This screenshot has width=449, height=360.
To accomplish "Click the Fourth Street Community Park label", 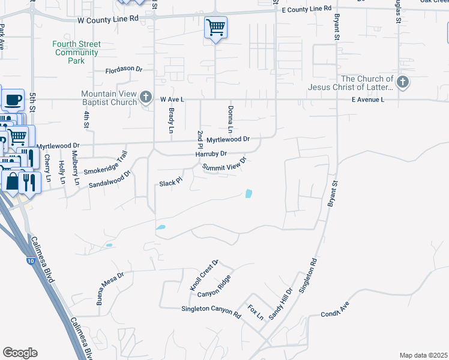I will tap(76, 52).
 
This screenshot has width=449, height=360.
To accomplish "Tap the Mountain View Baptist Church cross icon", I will tap(146, 98).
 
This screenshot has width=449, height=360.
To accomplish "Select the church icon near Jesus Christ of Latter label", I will tap(403, 83).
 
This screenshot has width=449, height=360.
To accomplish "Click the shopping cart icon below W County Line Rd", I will tap(215, 28).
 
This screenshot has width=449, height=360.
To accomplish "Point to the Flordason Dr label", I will tap(124, 70).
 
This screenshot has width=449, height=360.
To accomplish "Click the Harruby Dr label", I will tap(211, 154).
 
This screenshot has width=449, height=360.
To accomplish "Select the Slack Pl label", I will tap(170, 183).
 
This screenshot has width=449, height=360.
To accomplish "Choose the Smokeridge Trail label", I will tap(106, 166).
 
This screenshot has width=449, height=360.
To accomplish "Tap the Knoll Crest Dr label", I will tap(205, 276).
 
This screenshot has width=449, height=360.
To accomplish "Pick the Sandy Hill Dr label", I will tap(280, 303).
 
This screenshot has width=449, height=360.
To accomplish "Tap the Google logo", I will tap(20, 352).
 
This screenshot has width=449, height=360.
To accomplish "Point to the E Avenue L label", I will tap(368, 99).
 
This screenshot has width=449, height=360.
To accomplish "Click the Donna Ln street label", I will tap(230, 119).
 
